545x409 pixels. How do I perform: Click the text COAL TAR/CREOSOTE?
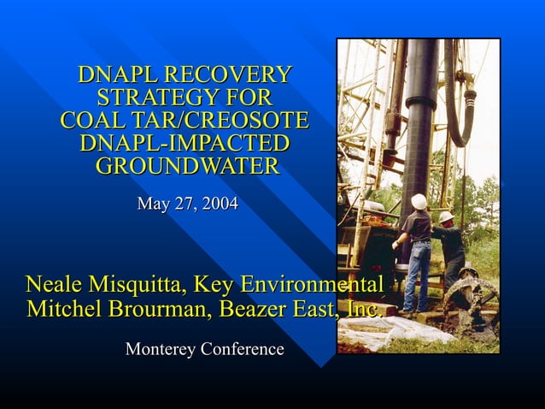point(184,120)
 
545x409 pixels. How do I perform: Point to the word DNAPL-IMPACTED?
point(184,142)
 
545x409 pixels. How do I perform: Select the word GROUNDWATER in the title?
point(186,165)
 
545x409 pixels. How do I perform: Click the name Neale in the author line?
point(53,284)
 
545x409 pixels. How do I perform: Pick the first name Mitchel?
point(62,309)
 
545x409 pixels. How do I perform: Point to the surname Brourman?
point(155,309)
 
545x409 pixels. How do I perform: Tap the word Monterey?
point(160,349)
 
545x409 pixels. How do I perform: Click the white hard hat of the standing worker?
point(419,201)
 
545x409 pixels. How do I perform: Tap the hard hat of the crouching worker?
point(446,216)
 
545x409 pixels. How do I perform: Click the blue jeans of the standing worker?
point(417,274)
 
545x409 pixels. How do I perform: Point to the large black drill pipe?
point(419,128)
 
